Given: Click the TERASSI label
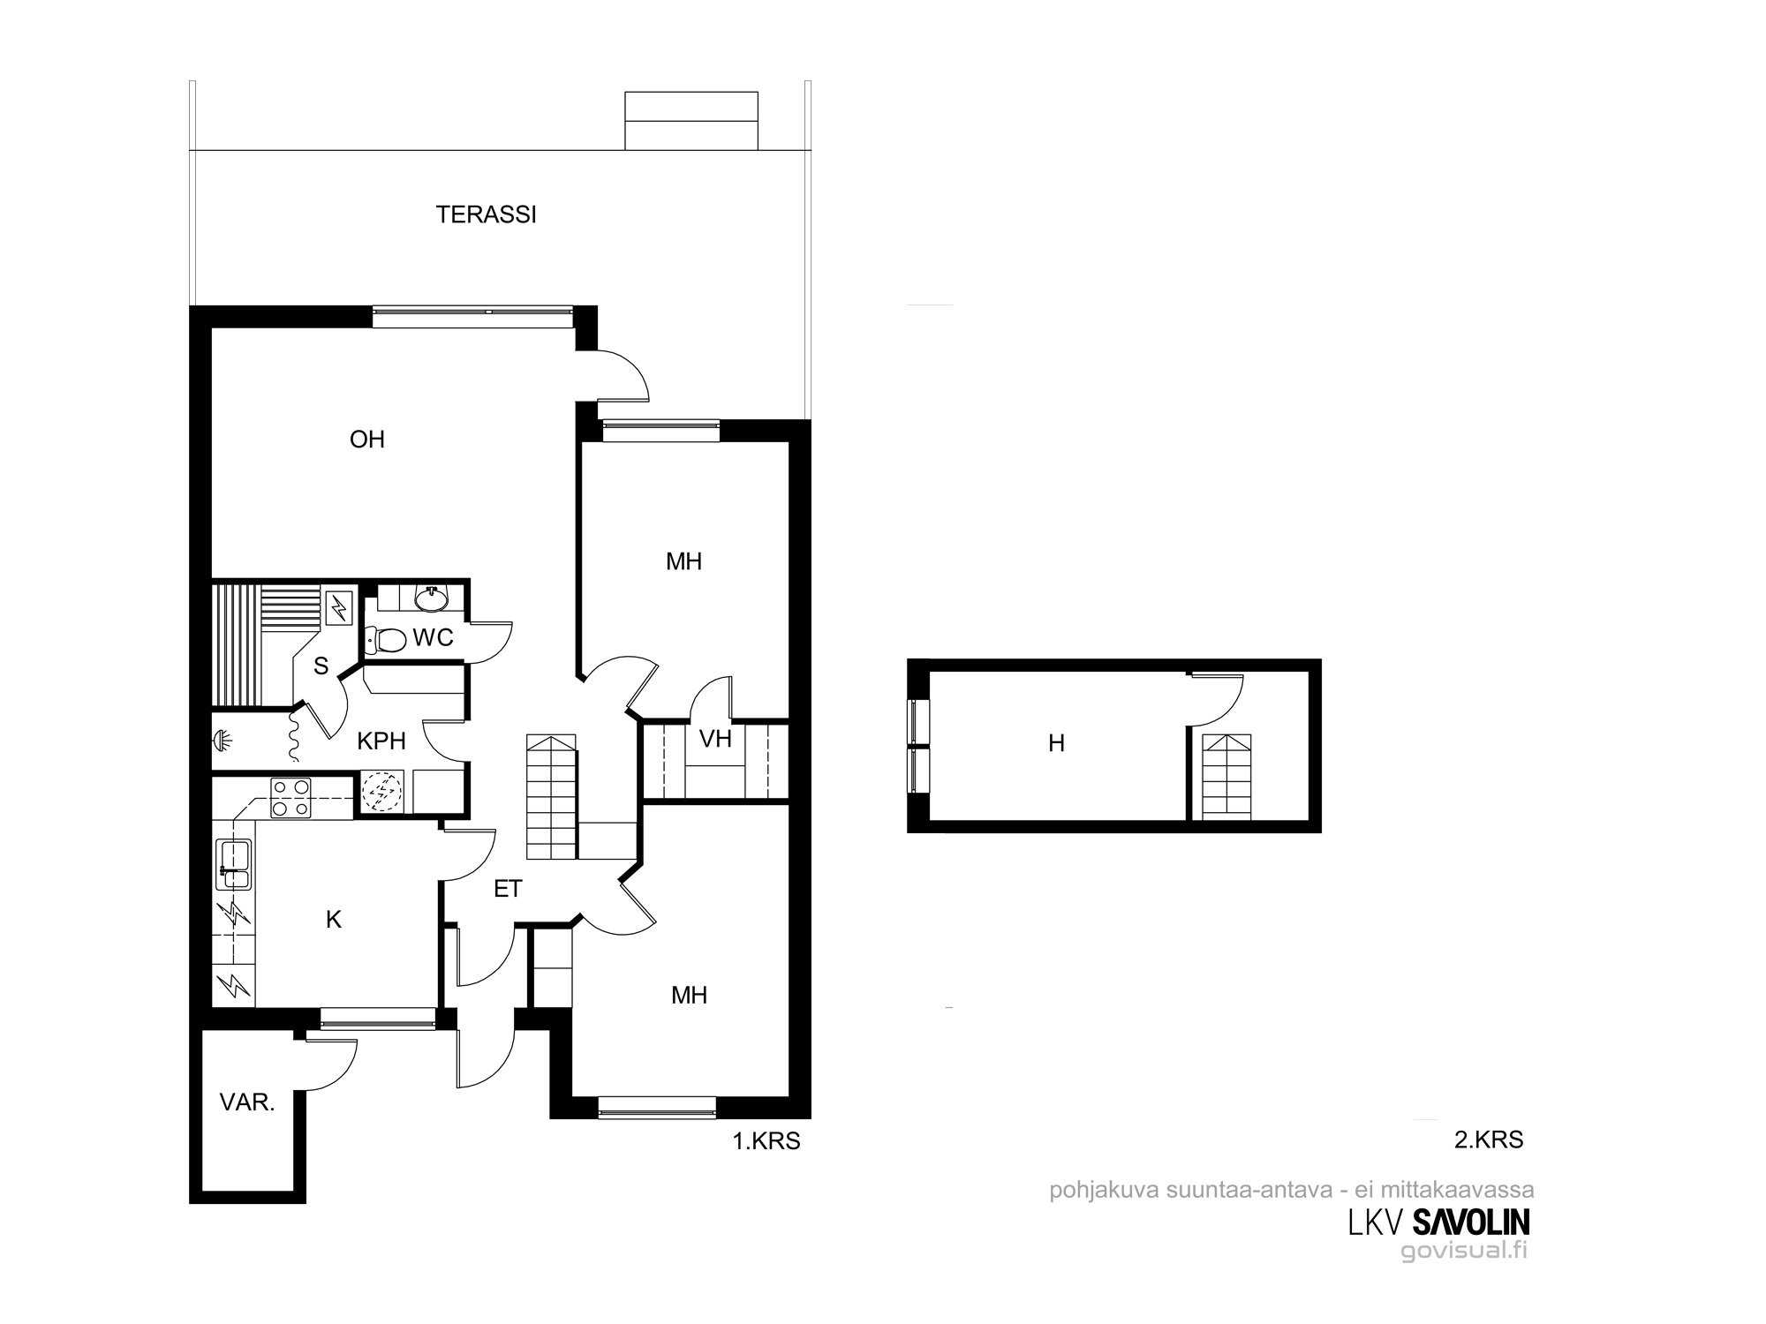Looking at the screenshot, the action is point(487,214).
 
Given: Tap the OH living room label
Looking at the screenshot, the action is point(367,440).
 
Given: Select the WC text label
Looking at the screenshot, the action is point(433,637).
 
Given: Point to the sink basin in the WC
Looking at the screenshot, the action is point(432,598).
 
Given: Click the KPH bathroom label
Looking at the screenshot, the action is point(381,741).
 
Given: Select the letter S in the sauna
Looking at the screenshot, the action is point(321,666).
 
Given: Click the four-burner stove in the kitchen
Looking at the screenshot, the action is point(290,796).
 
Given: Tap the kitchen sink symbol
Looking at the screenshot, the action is point(233,863).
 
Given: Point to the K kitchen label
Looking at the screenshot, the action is point(334,920).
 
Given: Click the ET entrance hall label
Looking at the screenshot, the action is point(508,889).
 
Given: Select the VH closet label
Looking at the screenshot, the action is point(715,739).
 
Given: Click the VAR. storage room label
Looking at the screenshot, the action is point(247,1102).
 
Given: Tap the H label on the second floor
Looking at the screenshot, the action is point(1056,744).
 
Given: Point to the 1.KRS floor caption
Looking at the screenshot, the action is point(766,1141).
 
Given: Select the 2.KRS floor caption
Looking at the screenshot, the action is point(1489,1140).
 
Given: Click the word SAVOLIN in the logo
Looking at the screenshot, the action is point(1472,1222).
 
